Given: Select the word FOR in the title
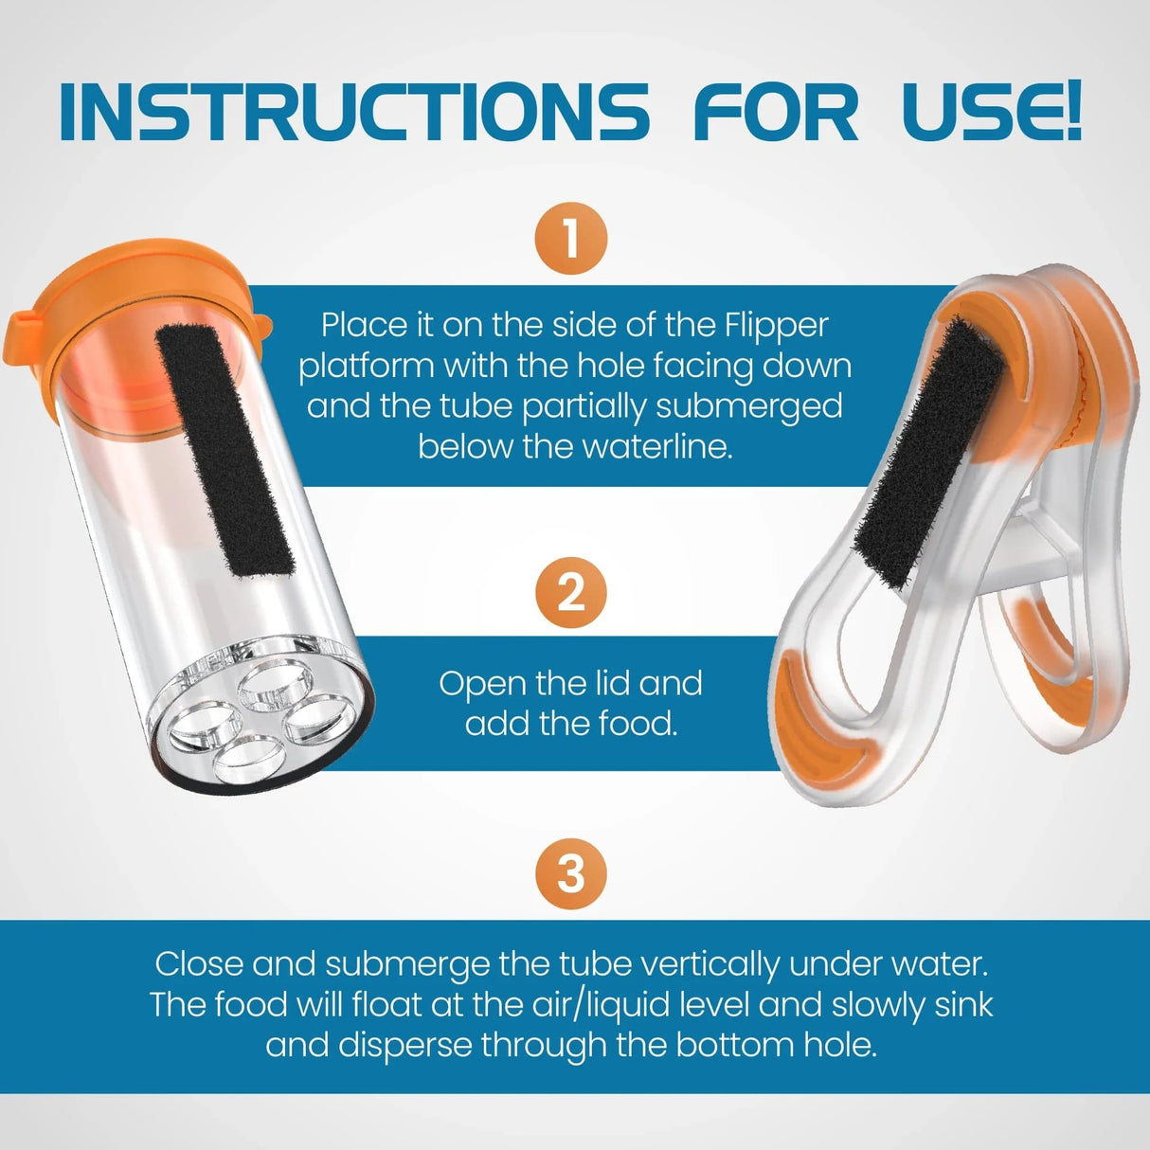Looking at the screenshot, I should (x=776, y=113).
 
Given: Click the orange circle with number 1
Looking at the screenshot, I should (x=570, y=238).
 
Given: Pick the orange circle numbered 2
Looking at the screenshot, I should (x=570, y=593).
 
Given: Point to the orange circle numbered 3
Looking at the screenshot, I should (x=570, y=872).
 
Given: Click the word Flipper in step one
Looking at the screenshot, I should (x=777, y=325).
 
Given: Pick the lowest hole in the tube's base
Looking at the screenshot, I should (x=244, y=758).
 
